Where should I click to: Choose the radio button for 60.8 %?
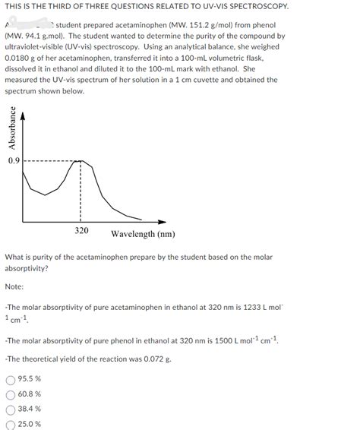click(x=10, y=394)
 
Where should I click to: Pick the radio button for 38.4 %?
click(x=10, y=409)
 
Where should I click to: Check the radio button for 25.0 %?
click(x=10, y=424)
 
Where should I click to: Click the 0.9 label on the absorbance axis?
click(x=14, y=160)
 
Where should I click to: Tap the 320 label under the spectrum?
click(x=82, y=230)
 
